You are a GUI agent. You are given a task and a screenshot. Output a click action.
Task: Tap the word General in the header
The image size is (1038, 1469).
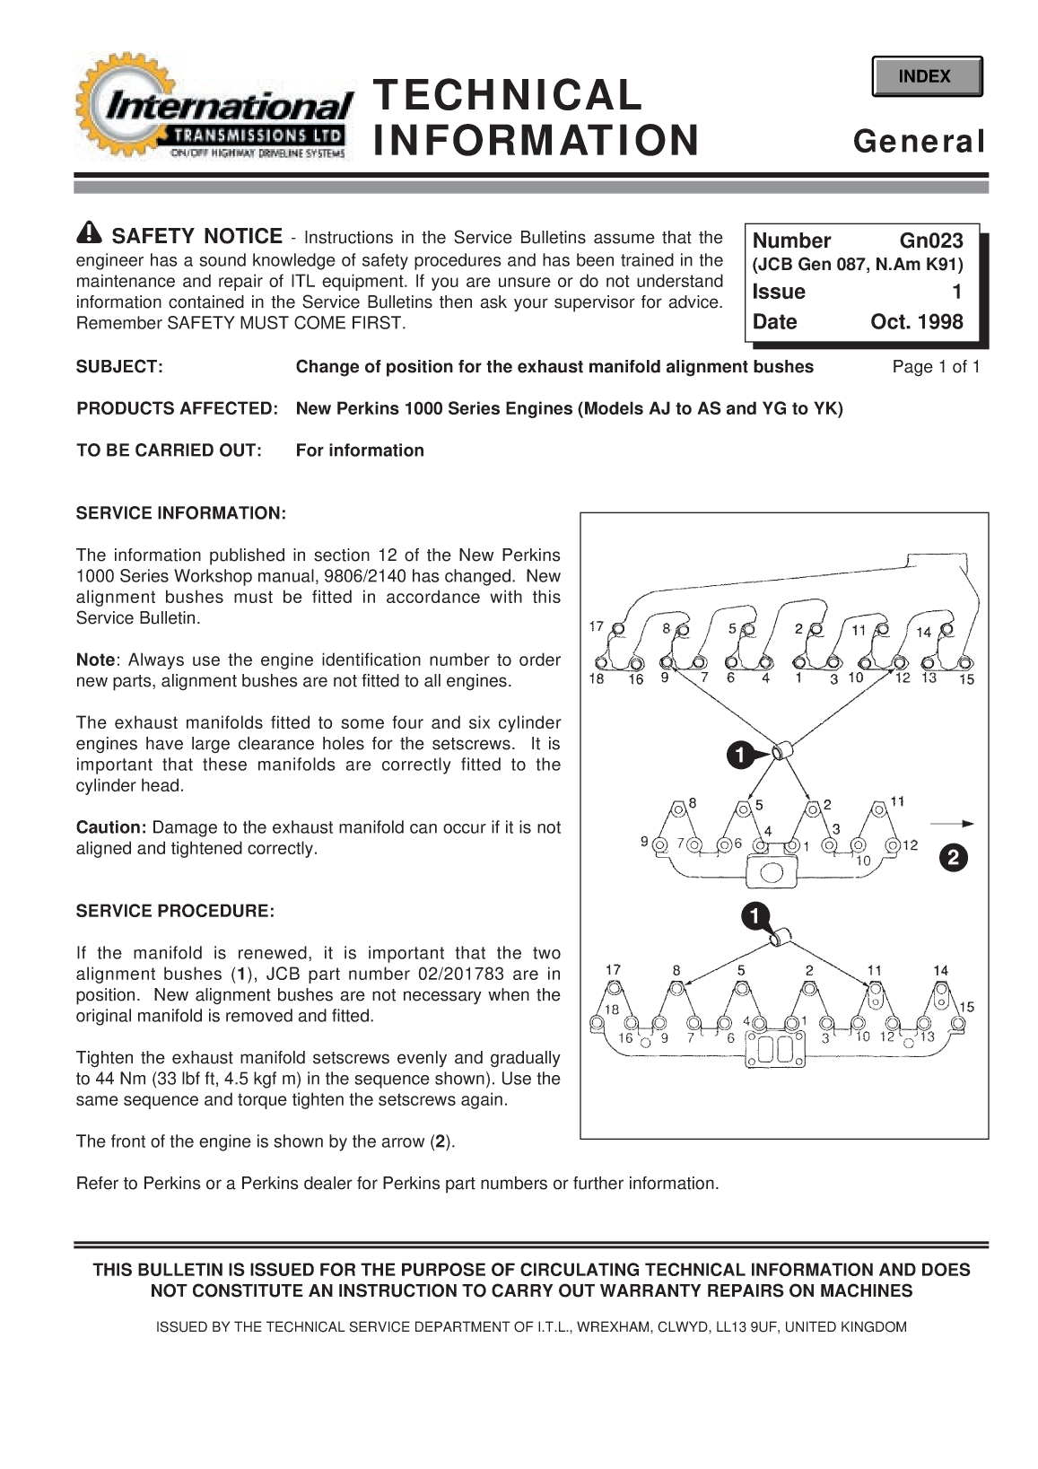tap(919, 141)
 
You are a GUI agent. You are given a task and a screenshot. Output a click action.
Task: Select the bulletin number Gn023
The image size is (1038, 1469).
tap(930, 240)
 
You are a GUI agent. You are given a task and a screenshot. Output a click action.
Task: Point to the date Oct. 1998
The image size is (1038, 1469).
tap(916, 321)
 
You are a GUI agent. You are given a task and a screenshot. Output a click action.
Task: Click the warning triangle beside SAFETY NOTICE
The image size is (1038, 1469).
tap(90, 233)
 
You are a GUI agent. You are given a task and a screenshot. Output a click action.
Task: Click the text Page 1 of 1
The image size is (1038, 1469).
tap(936, 366)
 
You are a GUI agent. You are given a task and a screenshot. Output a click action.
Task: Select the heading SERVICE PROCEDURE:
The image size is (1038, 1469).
tap(175, 911)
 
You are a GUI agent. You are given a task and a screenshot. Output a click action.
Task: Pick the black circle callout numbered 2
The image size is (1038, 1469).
tap(953, 859)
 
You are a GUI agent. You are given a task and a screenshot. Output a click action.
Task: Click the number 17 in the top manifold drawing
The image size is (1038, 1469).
tap(597, 626)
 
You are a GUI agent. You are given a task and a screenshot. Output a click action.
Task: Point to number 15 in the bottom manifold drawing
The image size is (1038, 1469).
tap(966, 1007)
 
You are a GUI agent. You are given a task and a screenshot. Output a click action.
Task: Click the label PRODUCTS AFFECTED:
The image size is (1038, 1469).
tap(177, 408)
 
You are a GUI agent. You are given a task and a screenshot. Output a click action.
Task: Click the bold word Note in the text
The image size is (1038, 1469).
tap(95, 660)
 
